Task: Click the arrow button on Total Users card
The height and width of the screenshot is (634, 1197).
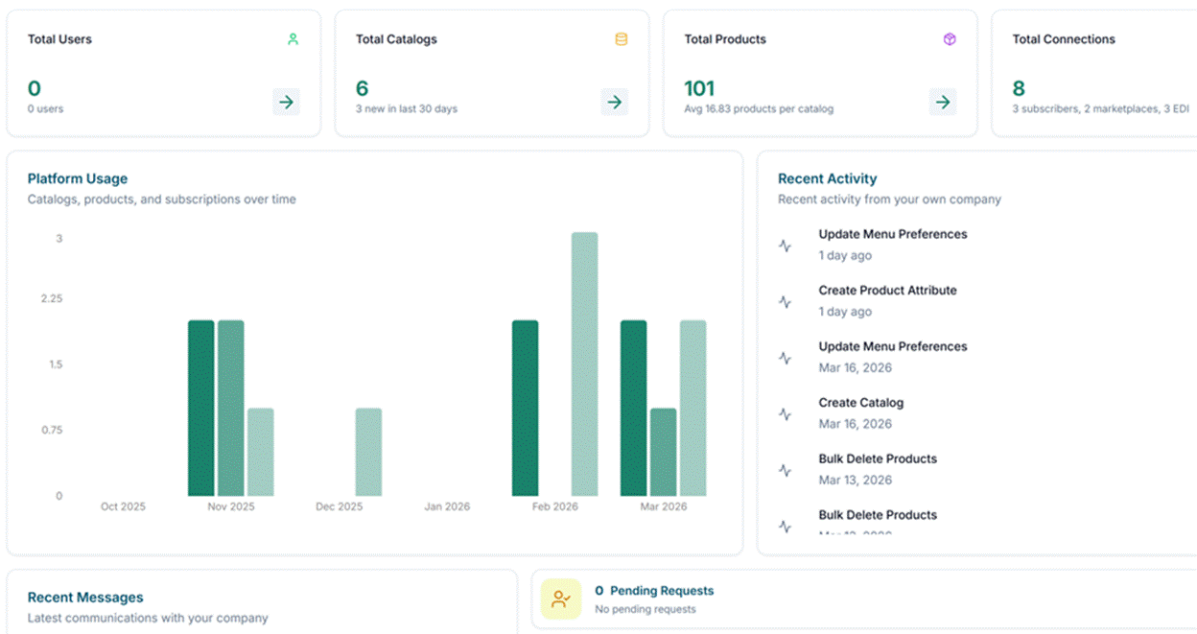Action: (286, 102)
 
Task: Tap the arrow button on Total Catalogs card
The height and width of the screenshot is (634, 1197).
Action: (615, 102)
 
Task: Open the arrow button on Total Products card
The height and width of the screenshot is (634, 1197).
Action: (943, 102)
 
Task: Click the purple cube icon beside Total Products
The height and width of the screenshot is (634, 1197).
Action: (949, 39)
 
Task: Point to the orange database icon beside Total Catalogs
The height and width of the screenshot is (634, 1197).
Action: (621, 39)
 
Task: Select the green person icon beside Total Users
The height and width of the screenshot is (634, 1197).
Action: (293, 39)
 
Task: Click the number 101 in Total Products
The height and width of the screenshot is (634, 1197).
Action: (699, 89)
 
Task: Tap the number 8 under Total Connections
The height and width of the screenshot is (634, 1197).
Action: (1019, 89)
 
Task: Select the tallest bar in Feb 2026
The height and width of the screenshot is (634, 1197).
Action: (584, 364)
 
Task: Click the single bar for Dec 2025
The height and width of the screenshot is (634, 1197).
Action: (368, 452)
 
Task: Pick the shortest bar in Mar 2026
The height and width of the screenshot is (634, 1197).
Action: (663, 452)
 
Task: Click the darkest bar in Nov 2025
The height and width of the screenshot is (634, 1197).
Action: (200, 408)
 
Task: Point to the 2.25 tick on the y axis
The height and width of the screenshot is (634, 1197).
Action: (51, 298)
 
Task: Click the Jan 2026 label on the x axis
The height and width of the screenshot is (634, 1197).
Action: (447, 506)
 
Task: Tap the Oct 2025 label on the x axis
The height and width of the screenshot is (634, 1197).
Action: (123, 506)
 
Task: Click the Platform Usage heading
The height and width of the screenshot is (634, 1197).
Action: (77, 178)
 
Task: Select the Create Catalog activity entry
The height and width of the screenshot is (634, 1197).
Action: (860, 403)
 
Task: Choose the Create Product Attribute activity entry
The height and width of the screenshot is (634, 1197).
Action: (887, 291)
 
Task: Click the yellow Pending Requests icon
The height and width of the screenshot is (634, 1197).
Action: (561, 599)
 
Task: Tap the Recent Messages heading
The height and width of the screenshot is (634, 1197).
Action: (85, 598)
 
